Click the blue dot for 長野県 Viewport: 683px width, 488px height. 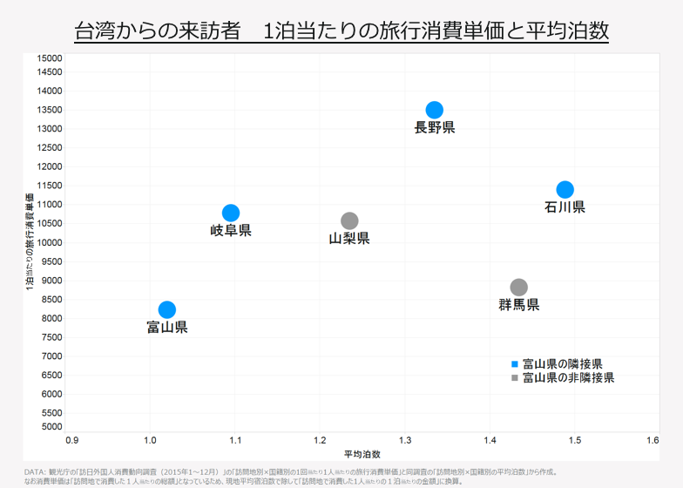point(435,110)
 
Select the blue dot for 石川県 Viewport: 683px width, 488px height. point(565,190)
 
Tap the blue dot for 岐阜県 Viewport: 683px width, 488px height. point(231,213)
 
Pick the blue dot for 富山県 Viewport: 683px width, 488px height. point(167,309)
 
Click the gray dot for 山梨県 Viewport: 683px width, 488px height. point(349,221)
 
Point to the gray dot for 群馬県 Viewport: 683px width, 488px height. point(518,288)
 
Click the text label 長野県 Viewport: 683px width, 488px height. point(435,128)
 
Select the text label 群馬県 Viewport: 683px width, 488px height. point(518,305)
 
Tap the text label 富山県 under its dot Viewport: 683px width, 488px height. point(167,328)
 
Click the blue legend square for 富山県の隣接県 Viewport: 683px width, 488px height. point(514,363)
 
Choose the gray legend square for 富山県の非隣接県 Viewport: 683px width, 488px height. point(514,378)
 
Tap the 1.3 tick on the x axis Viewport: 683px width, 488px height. point(403,441)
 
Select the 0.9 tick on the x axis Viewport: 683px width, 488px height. point(72,441)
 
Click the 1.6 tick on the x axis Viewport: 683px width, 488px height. point(653,441)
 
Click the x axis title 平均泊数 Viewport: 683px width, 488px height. point(362,454)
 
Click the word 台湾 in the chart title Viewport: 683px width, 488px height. point(94,30)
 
